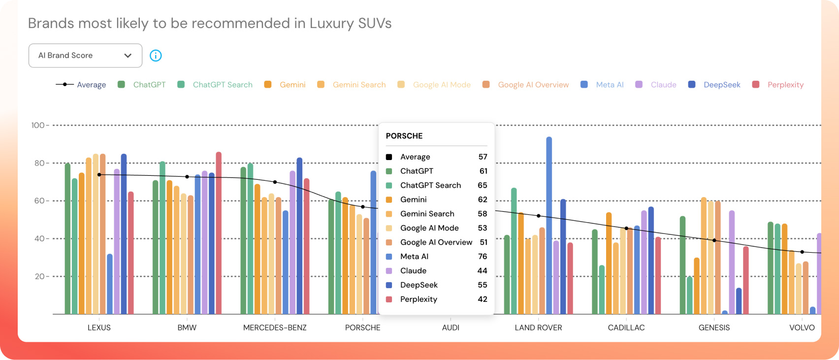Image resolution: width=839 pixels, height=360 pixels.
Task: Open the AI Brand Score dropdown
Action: (85, 56)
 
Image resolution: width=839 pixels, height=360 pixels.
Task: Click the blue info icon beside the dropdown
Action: (156, 56)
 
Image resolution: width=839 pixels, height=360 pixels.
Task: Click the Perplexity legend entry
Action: (785, 85)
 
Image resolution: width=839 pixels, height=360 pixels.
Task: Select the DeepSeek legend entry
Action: (721, 85)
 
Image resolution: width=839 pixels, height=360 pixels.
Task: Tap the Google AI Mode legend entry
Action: (441, 85)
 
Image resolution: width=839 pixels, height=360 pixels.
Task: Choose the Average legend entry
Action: (91, 85)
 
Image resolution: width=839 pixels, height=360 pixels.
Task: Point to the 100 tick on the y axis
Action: (38, 126)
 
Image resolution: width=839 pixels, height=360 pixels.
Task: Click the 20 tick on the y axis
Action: (39, 277)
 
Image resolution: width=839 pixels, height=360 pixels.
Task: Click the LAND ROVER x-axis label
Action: (538, 327)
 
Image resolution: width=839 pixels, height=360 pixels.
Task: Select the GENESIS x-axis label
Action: (714, 327)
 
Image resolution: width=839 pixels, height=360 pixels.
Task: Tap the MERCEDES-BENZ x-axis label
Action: (275, 327)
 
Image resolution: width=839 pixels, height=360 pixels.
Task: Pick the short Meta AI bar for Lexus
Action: (110, 285)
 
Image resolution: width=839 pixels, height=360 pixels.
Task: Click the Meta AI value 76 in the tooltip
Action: (483, 257)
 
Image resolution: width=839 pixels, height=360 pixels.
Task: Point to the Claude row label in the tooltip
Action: (413, 271)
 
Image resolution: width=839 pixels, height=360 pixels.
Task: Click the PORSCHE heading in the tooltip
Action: (404, 136)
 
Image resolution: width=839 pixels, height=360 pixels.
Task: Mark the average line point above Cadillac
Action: (626, 229)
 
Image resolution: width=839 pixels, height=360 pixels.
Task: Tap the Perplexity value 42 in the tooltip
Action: (483, 299)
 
